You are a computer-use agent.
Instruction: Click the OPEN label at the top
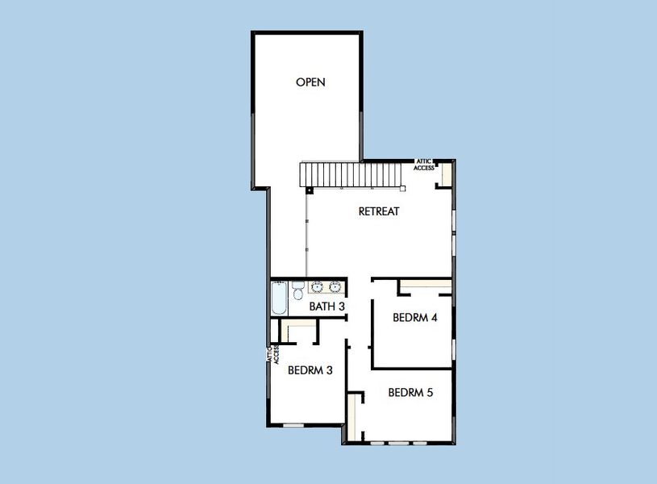click(x=310, y=82)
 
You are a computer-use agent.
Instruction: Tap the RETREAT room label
click(x=379, y=211)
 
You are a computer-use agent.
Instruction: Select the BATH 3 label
click(x=327, y=307)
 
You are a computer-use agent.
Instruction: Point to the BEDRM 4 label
click(x=414, y=318)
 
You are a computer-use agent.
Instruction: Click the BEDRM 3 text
click(x=310, y=370)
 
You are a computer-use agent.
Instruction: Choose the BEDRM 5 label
click(x=410, y=393)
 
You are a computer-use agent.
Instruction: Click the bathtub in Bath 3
click(x=279, y=298)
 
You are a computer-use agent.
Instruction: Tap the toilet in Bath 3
click(x=297, y=289)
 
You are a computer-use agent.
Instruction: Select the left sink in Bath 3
click(x=318, y=286)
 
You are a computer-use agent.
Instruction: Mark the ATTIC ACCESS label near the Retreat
click(x=424, y=165)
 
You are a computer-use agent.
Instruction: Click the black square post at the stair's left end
click(x=310, y=191)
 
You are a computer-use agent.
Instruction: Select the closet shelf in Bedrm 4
click(x=426, y=283)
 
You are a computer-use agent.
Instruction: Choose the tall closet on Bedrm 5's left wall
click(x=351, y=416)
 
